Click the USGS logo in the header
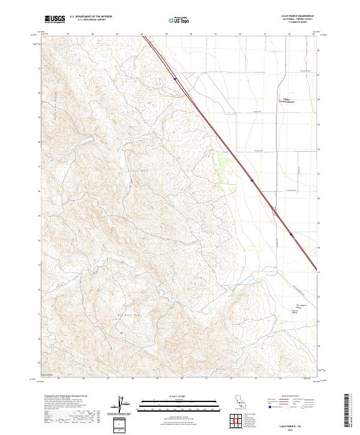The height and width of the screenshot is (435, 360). point(55,19)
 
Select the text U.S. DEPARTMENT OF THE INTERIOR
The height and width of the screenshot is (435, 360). point(91,17)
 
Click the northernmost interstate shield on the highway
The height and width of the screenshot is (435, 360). point(175,78)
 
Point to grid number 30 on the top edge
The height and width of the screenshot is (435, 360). point(191,34)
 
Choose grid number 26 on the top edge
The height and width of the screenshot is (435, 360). point(92,34)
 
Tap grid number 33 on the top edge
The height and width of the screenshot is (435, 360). point(265,34)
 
